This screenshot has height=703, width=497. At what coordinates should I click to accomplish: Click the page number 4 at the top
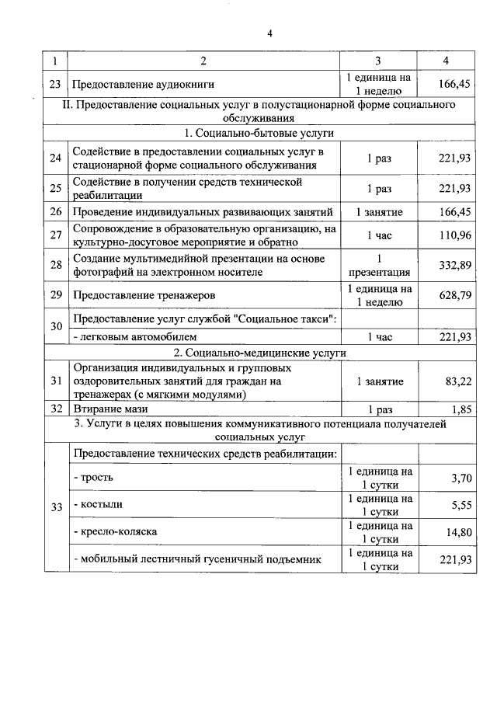coord(269,33)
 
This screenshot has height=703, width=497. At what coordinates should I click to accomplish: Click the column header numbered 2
coord(203,61)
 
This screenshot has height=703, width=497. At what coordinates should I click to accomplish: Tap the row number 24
coord(55,158)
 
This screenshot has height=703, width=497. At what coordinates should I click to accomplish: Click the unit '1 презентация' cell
coord(378,265)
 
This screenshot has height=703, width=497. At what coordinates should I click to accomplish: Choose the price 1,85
coord(461,408)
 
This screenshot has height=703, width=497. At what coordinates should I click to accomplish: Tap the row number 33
coord(55,507)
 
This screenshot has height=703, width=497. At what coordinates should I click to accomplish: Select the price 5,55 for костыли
coord(461,504)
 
